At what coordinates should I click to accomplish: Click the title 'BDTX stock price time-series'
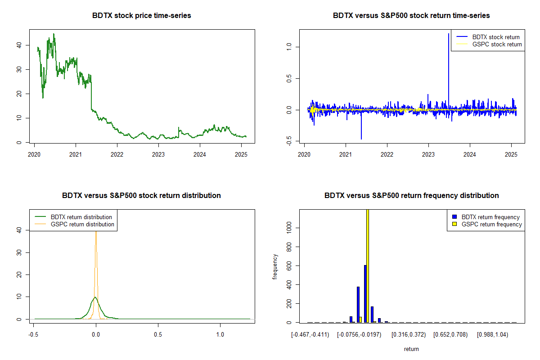(142, 16)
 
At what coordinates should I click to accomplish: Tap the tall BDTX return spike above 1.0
(449, 36)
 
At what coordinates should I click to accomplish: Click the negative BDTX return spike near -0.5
(361, 137)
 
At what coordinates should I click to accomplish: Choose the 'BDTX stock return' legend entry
(495, 37)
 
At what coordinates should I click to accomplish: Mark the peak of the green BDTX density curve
(95, 297)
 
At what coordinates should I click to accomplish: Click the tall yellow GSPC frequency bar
(368, 265)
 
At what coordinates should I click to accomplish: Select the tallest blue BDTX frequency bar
(365, 293)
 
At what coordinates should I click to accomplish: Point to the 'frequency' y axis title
(275, 267)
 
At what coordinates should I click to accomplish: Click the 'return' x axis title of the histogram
(411, 349)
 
